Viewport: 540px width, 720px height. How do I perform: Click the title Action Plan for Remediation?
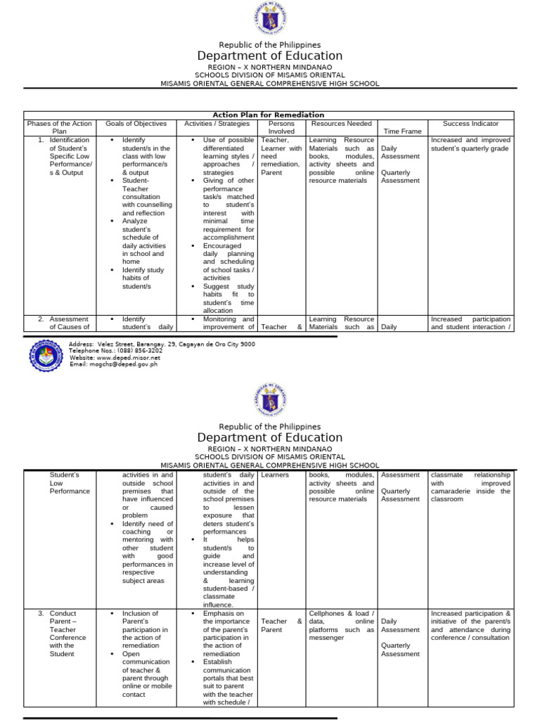click(269, 115)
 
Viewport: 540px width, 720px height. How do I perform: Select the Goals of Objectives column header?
click(136, 124)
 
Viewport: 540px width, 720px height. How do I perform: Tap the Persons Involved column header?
click(281, 127)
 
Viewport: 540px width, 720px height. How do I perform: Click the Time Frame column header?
click(401, 131)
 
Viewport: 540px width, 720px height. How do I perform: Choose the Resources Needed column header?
click(342, 124)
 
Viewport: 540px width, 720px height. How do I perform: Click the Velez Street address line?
click(162, 345)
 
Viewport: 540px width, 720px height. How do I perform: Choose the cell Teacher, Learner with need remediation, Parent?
click(281, 156)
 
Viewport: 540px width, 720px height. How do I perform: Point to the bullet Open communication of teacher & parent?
click(146, 674)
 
